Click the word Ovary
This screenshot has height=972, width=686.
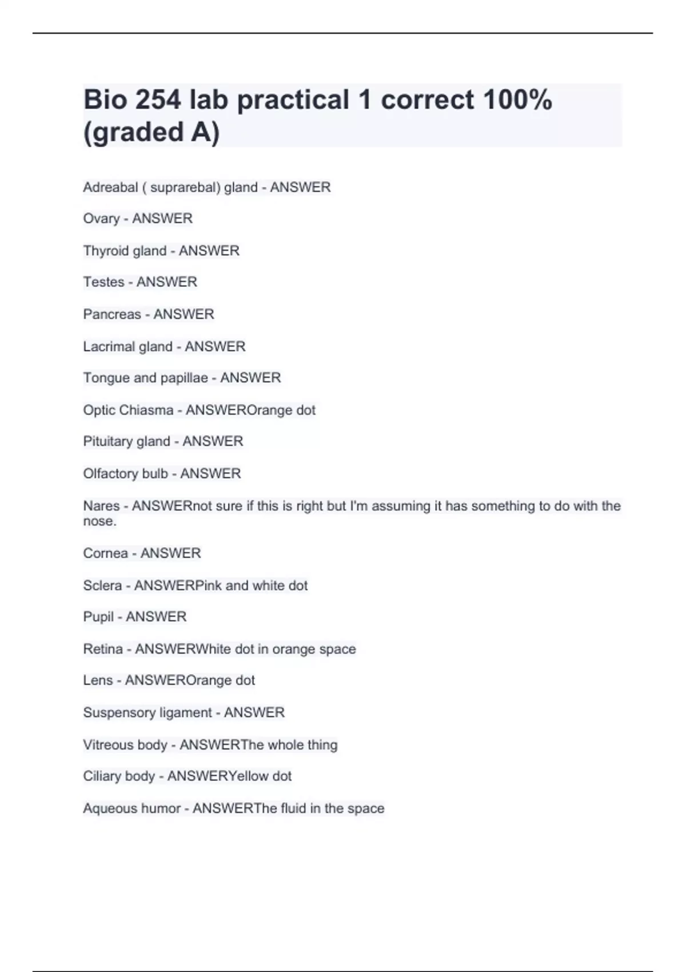coord(101,219)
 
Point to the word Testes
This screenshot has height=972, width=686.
coord(103,282)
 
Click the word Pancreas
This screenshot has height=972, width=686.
coord(112,314)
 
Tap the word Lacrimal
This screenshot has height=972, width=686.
coord(107,346)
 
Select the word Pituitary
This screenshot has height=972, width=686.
coord(106,442)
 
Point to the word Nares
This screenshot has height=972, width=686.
coord(101,506)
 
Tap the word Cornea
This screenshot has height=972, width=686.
coord(105,553)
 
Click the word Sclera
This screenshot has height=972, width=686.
coord(102,585)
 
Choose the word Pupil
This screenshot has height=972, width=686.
coord(98,617)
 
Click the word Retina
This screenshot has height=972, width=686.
coord(103,649)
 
